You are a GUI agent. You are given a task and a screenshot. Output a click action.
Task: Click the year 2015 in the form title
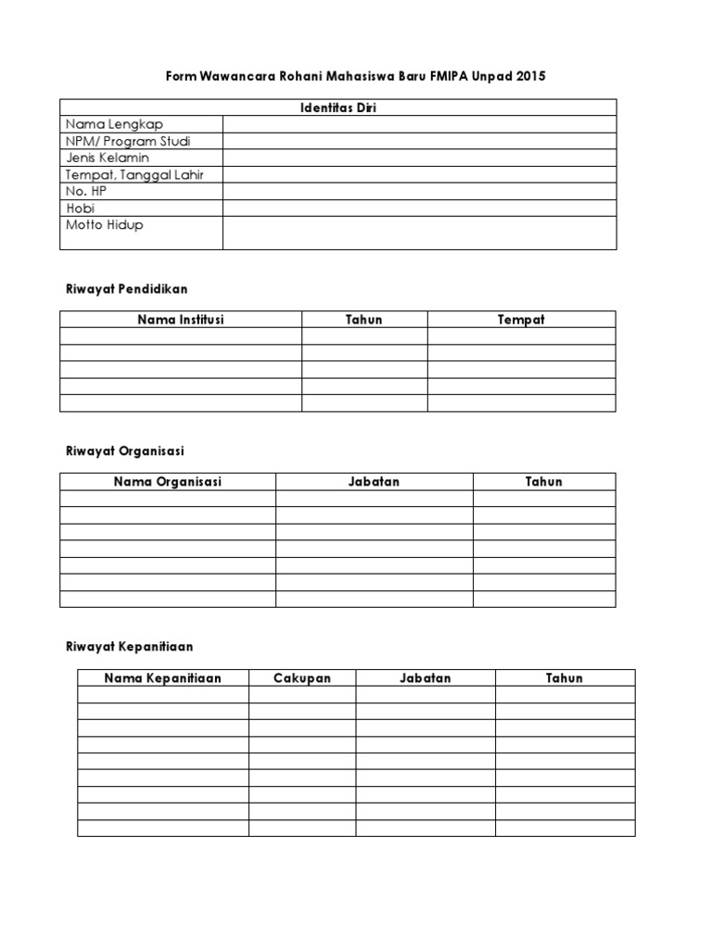point(528,76)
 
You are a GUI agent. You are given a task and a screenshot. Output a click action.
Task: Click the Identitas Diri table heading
point(338,108)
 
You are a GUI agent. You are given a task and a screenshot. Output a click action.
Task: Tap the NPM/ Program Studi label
point(128,141)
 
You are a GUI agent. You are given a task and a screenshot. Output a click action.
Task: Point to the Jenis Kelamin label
point(107,158)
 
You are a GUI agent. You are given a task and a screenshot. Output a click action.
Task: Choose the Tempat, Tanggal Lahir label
point(134,174)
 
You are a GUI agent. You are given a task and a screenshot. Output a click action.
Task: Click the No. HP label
point(86,191)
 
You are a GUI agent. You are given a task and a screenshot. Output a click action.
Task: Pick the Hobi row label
point(80,208)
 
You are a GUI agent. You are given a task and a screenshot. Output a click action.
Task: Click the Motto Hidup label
point(104,225)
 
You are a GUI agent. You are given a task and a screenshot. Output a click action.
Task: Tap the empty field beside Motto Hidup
point(419,233)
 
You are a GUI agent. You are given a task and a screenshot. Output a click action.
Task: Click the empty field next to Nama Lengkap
point(419,124)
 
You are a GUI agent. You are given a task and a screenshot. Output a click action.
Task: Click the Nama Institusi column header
point(181,320)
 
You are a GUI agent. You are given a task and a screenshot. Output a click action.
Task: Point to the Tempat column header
point(521,320)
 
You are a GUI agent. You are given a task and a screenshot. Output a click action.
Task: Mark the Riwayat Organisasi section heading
point(124,450)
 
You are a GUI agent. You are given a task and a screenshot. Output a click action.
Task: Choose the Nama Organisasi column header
point(168,482)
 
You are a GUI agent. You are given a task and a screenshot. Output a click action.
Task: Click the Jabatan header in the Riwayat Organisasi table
point(374,482)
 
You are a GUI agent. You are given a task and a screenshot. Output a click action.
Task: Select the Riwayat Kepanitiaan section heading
point(129,646)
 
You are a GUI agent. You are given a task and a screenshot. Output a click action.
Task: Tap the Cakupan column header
point(301,678)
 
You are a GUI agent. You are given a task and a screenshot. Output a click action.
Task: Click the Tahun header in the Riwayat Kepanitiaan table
point(564,678)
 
